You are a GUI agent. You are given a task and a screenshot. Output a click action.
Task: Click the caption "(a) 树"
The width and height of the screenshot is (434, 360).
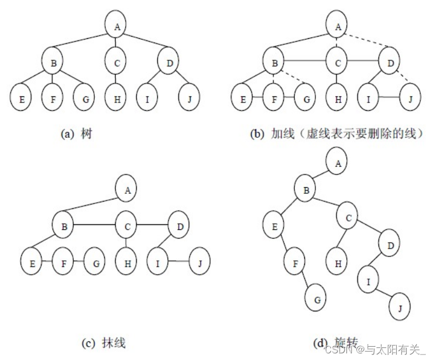(x=76, y=134)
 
